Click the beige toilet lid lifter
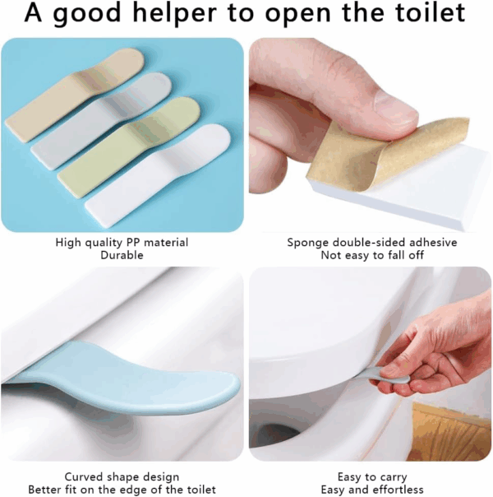point(76,95)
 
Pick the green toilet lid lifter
point(128,147)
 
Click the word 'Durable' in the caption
point(122,255)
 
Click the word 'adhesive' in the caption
point(433,243)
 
